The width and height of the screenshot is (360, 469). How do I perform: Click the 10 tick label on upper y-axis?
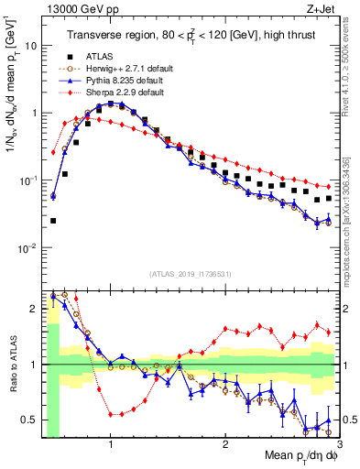[31, 45]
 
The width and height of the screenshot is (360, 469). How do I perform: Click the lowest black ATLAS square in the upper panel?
[53, 221]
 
